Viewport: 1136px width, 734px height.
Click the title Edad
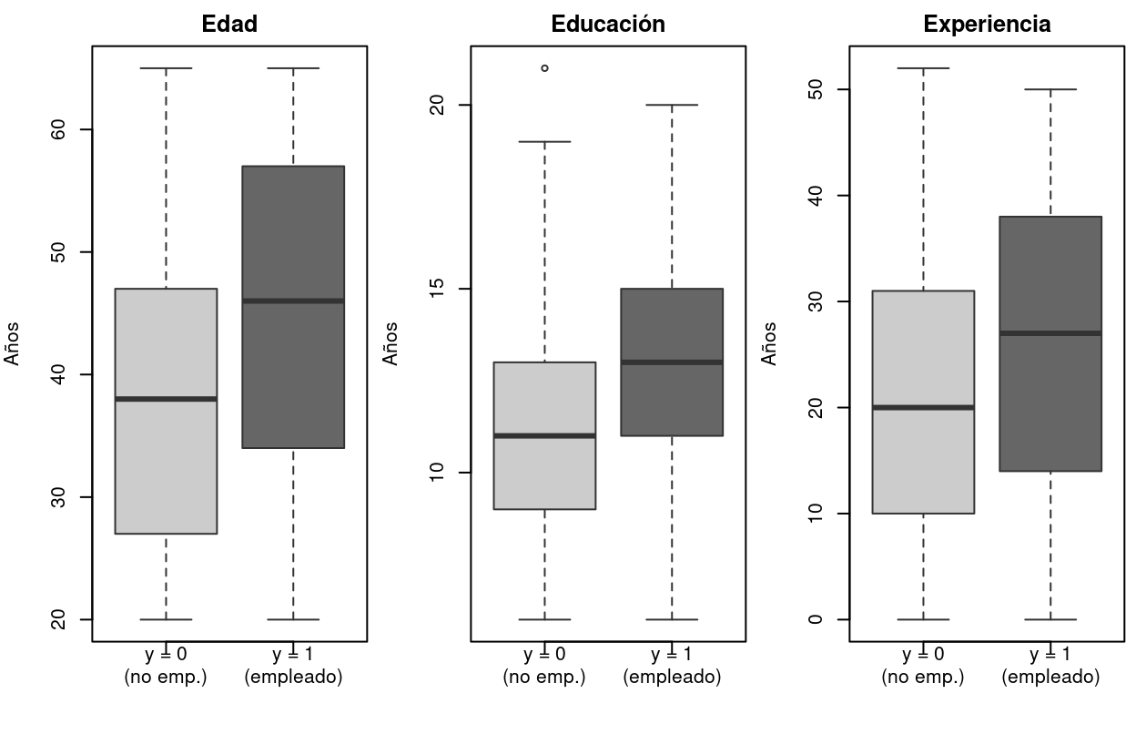pyautogui.click(x=229, y=25)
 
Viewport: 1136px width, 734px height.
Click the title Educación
pyautogui.click(x=608, y=25)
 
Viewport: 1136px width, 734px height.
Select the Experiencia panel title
pyautogui.click(x=987, y=25)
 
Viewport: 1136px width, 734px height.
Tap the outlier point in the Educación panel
pyautogui.click(x=544, y=68)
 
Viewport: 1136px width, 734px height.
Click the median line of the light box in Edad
pyautogui.click(x=167, y=399)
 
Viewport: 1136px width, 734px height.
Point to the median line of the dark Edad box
pyautogui.click(x=293, y=301)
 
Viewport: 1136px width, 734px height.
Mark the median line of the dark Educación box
pyautogui.click(x=672, y=362)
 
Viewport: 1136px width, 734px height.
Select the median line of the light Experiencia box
pyautogui.click(x=923, y=407)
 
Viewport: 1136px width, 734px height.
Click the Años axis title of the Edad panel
pyautogui.click(x=13, y=344)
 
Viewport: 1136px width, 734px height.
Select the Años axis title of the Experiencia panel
pyautogui.click(x=770, y=344)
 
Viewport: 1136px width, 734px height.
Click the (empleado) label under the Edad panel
pyautogui.click(x=293, y=678)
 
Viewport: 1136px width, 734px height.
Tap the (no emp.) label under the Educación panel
pyautogui.click(x=544, y=678)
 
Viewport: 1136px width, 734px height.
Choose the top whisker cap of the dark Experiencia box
pyautogui.click(x=1050, y=89)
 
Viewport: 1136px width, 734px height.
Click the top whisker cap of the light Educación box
pyautogui.click(x=544, y=142)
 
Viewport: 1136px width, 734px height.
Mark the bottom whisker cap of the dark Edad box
pyautogui.click(x=293, y=619)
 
